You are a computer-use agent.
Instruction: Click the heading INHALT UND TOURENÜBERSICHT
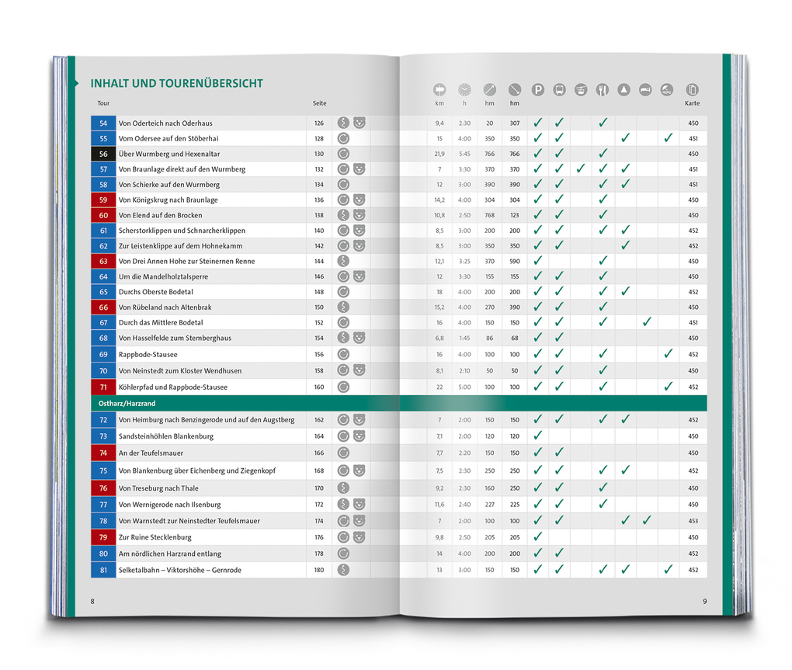[x=176, y=83]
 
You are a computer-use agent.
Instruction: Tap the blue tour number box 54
[x=103, y=123]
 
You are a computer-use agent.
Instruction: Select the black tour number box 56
[x=103, y=154]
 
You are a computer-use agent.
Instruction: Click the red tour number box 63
[x=103, y=261]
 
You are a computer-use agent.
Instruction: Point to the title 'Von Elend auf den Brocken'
[x=160, y=215]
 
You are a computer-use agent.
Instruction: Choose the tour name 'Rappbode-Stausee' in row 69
[x=148, y=354]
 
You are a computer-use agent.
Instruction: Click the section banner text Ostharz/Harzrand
[x=122, y=404]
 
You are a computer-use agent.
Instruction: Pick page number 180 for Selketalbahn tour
[x=319, y=570]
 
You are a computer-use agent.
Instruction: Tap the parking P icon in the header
[x=537, y=90]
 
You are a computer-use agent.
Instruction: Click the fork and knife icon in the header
[x=602, y=90]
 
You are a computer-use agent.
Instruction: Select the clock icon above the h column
[x=464, y=90]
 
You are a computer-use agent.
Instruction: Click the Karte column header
[x=692, y=103]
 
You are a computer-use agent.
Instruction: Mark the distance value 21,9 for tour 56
[x=439, y=154]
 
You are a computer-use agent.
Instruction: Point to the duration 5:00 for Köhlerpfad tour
[x=464, y=387]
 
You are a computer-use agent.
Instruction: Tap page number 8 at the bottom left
[x=92, y=602]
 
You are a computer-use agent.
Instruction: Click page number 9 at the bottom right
[x=705, y=602]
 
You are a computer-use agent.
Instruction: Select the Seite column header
[x=319, y=103]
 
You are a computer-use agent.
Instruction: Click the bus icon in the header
[x=559, y=90]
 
